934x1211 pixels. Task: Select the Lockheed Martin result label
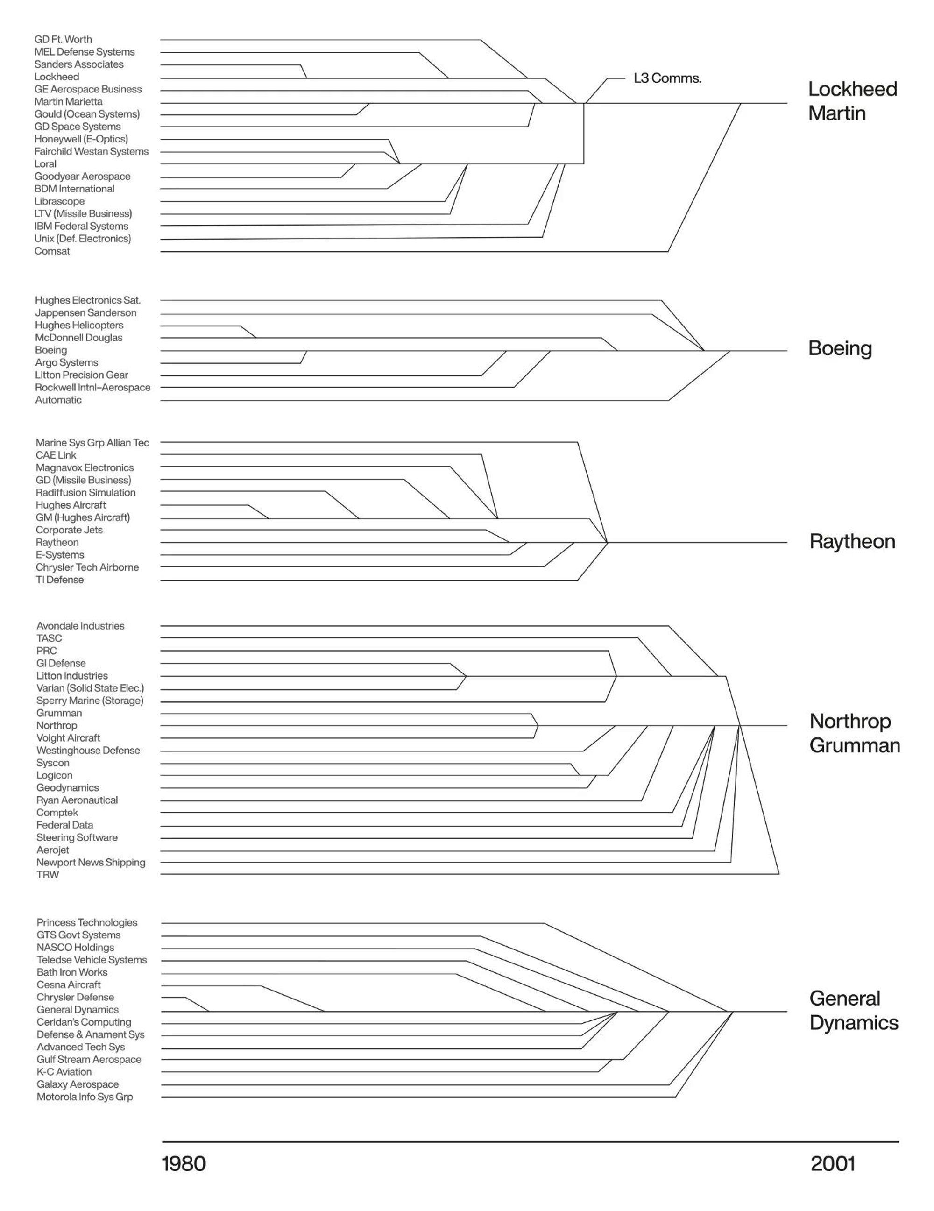[x=852, y=101]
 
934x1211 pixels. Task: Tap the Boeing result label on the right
[x=840, y=349]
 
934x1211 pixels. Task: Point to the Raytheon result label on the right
[x=852, y=542]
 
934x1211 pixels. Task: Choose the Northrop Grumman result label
[x=854, y=733]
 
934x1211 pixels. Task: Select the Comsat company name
[x=52, y=251]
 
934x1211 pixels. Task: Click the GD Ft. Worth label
[x=63, y=39]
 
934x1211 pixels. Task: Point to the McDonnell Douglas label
[x=79, y=338]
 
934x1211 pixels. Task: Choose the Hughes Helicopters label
[x=79, y=326]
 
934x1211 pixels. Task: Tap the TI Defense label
[x=60, y=580]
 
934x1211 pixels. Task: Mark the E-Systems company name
[x=60, y=555]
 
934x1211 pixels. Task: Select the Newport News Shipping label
[x=91, y=862]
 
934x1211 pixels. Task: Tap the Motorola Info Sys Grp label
[x=85, y=1097]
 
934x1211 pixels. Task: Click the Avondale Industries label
[x=80, y=626]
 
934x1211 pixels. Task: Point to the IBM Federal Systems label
[x=81, y=226]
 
